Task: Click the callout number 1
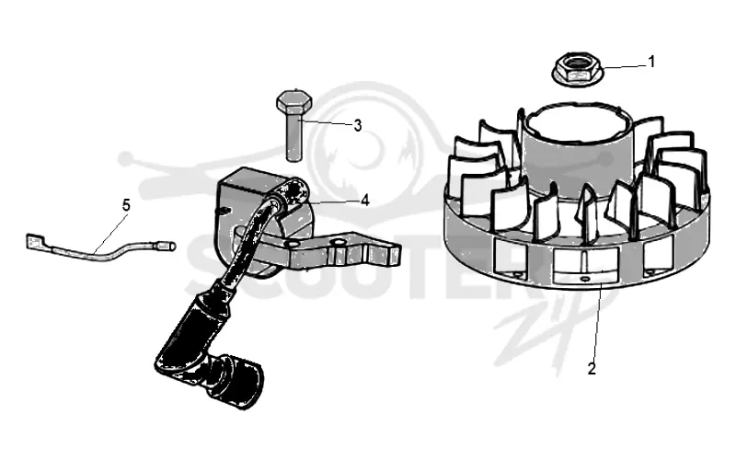[x=651, y=62]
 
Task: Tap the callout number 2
[x=592, y=369]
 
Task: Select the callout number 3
[x=358, y=125]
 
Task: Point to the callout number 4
[x=365, y=201]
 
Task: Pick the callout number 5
[x=126, y=205]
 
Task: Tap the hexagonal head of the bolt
[x=293, y=101]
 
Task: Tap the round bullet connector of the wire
[x=167, y=246]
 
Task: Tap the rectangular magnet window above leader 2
[x=585, y=266]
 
